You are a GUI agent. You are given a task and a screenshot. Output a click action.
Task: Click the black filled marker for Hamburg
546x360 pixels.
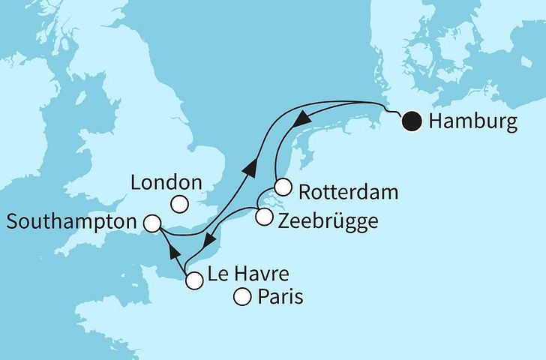pos(412,121)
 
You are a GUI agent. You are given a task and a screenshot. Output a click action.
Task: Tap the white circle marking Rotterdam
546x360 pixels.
pos(283,187)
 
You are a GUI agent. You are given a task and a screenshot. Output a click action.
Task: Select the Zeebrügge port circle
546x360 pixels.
pos(263,217)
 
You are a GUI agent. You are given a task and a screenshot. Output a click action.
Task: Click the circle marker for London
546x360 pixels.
pos(178,203)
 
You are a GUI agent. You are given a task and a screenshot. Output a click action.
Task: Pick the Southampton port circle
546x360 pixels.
pos(151,223)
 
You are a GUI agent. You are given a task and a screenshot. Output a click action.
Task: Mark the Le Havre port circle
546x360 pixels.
pos(193,281)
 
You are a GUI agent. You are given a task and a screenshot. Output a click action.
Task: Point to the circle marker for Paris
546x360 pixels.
pos(242,298)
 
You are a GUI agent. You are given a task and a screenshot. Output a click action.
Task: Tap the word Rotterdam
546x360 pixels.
pos(347,192)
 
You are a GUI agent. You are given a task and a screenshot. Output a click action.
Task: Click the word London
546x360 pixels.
pos(166,182)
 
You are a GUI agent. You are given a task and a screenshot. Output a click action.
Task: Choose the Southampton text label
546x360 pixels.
pos(71,222)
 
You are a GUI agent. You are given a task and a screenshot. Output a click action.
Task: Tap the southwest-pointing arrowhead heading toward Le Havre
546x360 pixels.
pos(212,240)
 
